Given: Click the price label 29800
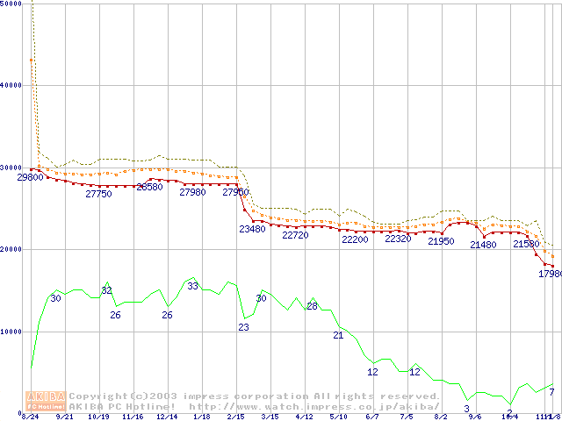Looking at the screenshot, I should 30,177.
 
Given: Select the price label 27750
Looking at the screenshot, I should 98,194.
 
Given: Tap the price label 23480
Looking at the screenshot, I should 252,229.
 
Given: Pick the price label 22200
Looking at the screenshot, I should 355,239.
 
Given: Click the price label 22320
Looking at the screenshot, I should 398,239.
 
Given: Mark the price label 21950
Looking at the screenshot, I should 441,241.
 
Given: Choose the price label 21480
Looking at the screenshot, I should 483,245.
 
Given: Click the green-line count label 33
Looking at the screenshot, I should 192,286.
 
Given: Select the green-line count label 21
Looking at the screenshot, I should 338,335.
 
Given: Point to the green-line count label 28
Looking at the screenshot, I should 312,305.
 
